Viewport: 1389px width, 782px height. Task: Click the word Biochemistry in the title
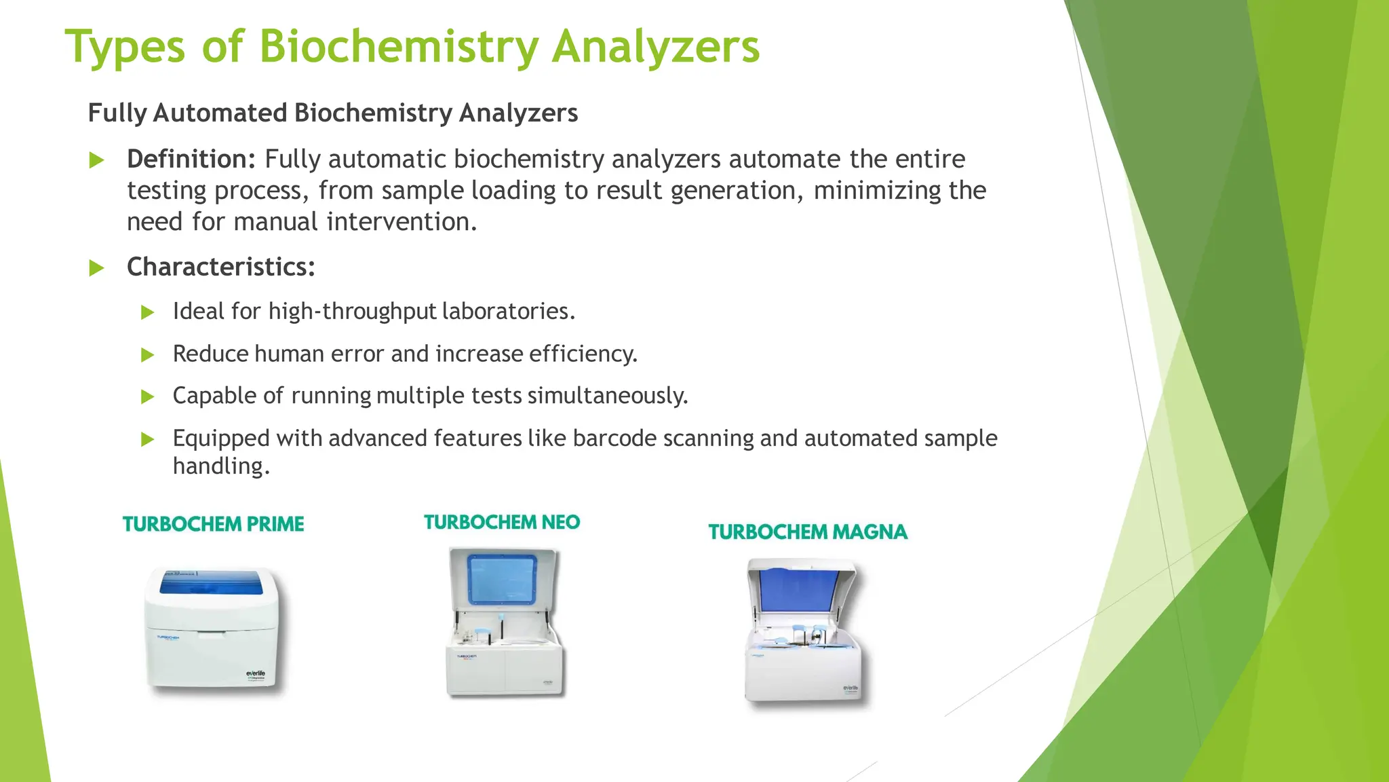point(399,48)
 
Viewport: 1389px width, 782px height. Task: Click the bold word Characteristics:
point(221,267)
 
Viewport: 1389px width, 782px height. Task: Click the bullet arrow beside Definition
point(97,160)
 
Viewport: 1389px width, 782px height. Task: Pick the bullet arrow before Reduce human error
point(147,354)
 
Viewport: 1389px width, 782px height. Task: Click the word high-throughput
point(352,311)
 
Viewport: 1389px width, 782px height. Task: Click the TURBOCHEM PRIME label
point(213,524)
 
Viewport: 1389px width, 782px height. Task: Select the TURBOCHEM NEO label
point(502,522)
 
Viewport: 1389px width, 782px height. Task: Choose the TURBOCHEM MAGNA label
point(807,532)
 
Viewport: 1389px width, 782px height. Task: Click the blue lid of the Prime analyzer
point(212,582)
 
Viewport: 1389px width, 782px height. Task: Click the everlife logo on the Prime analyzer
point(256,673)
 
